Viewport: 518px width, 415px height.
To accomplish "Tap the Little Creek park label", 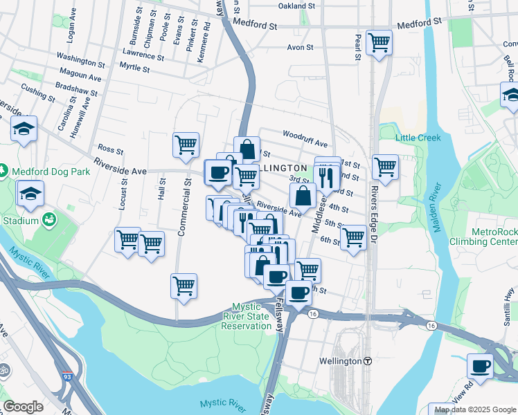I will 418,138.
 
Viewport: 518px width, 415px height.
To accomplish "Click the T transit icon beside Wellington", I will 368,361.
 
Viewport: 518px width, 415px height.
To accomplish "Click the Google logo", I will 22,407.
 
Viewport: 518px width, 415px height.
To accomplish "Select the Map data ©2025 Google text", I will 475,409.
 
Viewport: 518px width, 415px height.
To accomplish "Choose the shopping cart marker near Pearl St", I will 379,42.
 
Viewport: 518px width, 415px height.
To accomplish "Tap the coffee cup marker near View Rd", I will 480,365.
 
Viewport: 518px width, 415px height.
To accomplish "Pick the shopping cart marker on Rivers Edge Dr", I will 385,166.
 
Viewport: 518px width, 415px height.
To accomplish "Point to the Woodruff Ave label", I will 304,138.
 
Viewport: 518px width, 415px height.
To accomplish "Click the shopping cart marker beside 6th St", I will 353,237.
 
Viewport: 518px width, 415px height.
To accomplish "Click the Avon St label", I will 302,48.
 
